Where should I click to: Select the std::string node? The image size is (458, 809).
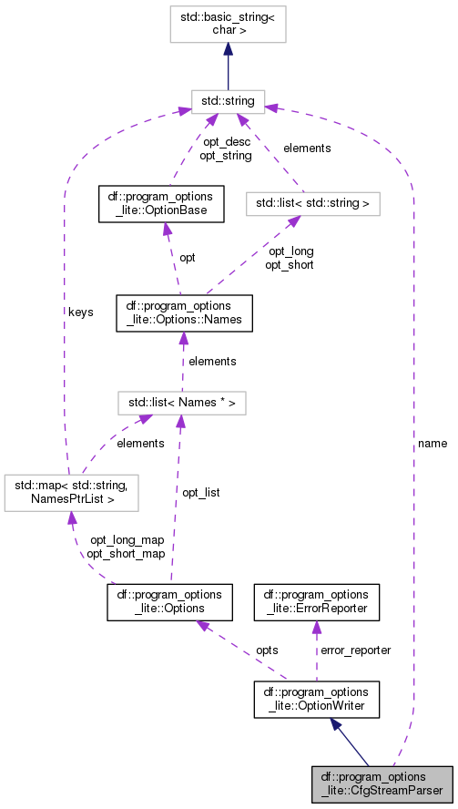click(228, 100)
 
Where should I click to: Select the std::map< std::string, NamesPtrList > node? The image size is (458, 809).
click(71, 492)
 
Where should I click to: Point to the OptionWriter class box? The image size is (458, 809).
click(315, 700)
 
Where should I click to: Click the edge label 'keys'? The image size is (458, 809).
click(80, 312)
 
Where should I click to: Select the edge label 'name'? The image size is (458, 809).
click(433, 443)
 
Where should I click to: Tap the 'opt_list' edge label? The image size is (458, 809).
click(201, 492)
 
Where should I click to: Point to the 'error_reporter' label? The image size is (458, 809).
click(355, 650)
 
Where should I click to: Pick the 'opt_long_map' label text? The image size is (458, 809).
click(126, 540)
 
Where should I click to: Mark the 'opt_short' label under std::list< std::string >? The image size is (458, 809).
click(289, 265)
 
